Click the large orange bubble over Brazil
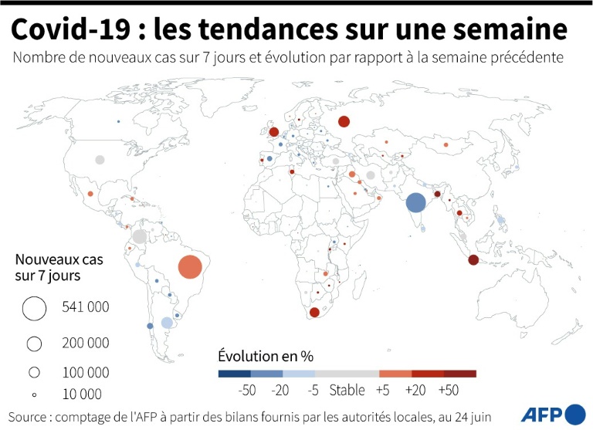coord(190,267)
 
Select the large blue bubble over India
coord(415,202)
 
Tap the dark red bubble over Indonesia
coord(473,260)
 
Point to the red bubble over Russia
coord(344,120)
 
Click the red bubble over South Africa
coord(314,312)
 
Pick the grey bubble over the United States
coord(100,160)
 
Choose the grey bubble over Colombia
coord(140,236)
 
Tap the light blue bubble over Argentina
coord(166,323)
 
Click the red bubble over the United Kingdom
coord(273,132)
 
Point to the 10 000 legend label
coord(82,394)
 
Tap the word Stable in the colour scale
coord(347,391)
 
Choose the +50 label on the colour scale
coord(448,391)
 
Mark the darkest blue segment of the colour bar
coord(234,374)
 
